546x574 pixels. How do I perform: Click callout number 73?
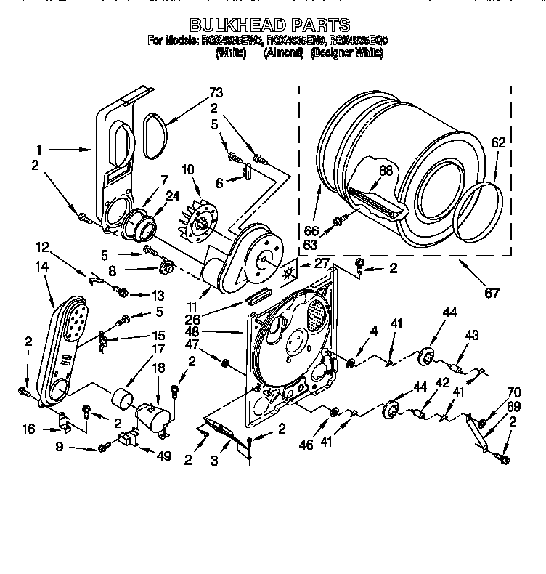coord(215,92)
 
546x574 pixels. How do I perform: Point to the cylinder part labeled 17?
coord(121,399)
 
